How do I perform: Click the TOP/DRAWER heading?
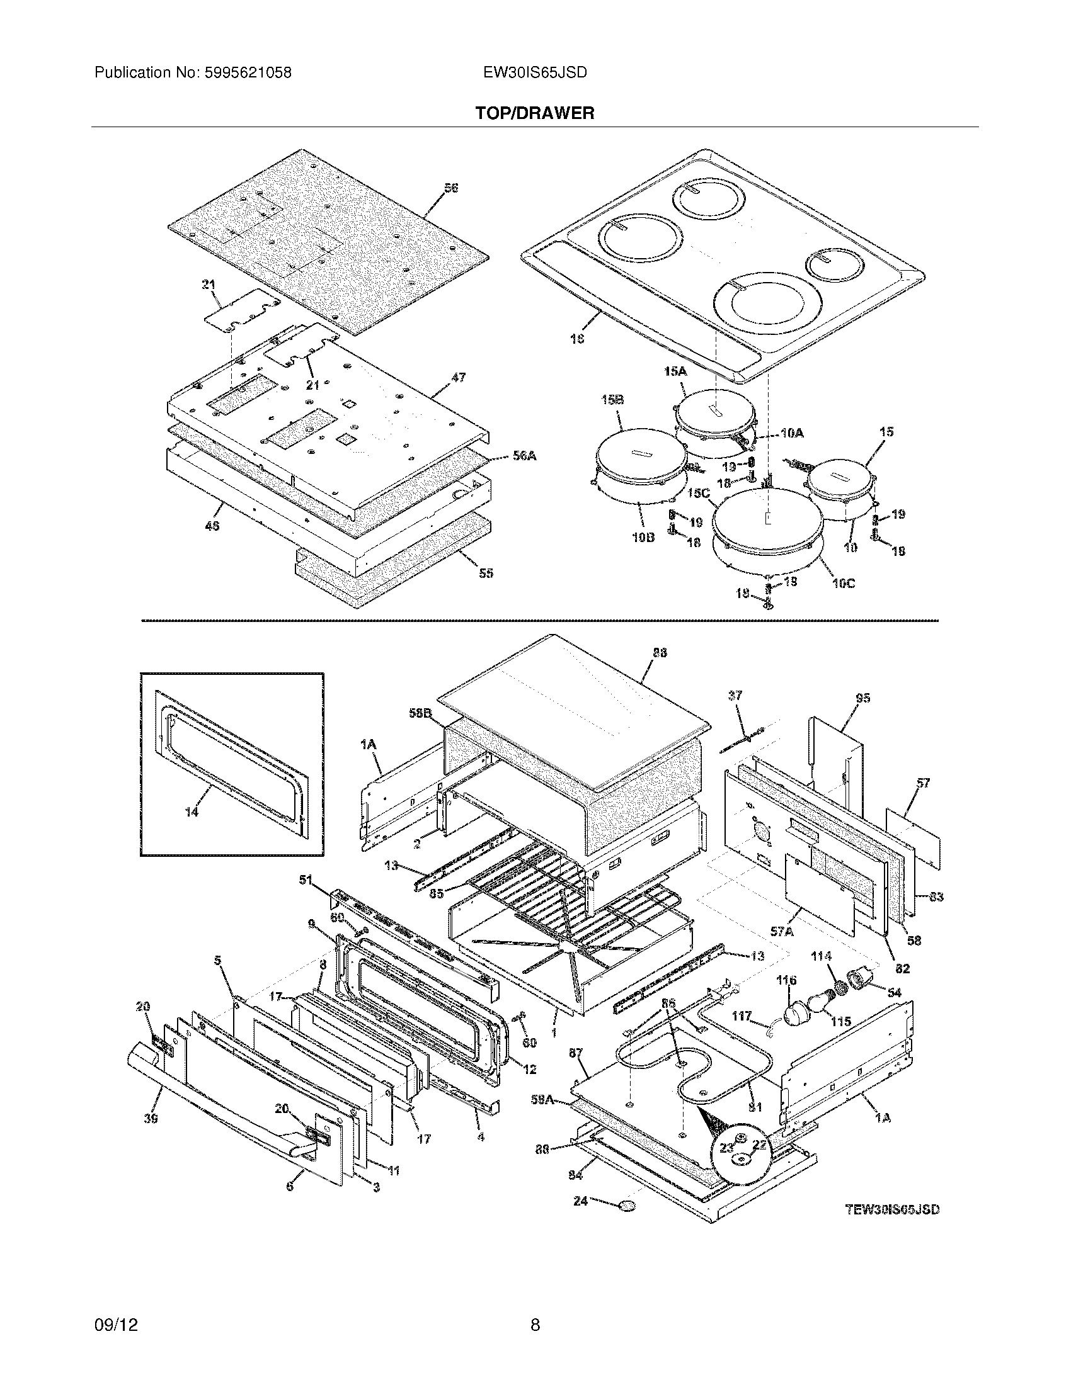[534, 113]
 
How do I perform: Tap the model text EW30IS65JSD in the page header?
[534, 73]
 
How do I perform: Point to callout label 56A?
[524, 455]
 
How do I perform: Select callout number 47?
[458, 377]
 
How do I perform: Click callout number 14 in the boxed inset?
[192, 811]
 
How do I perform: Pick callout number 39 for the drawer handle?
[151, 1119]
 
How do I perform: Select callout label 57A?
[782, 932]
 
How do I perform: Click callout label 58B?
[420, 713]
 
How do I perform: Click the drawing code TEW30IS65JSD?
[893, 1209]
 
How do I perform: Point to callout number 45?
[212, 526]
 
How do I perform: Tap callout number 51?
[306, 879]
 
